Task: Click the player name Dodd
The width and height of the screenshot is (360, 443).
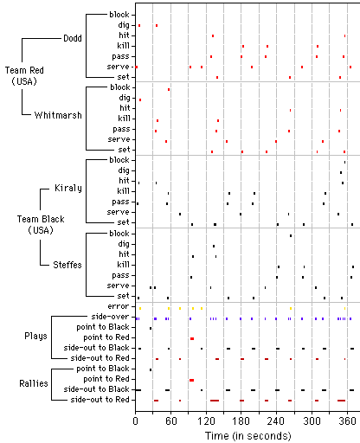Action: tap(73, 38)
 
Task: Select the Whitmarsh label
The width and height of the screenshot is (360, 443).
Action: tap(58, 115)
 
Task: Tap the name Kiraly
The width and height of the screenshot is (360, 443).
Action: tap(68, 189)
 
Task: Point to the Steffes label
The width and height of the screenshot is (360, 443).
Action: tap(67, 265)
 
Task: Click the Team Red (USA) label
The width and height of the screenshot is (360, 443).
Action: tap(24, 76)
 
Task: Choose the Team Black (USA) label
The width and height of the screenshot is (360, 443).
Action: tap(41, 224)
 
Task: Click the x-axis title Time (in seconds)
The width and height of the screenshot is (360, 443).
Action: tap(248, 435)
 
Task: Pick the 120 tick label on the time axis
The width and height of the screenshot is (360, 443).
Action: tap(206, 421)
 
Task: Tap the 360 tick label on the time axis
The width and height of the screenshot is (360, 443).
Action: tap(347, 421)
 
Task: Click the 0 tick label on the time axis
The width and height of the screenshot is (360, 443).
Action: tap(136, 421)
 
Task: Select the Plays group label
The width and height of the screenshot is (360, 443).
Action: tap(35, 337)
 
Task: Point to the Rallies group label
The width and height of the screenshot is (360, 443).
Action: tap(34, 383)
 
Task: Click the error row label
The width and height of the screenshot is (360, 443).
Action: tap(119, 306)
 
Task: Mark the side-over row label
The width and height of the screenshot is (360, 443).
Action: tap(110, 317)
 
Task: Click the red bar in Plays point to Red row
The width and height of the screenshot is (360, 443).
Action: tap(192, 338)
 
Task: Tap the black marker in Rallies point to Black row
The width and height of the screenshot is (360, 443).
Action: tap(151, 369)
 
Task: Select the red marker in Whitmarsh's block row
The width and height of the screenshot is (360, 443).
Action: tap(169, 90)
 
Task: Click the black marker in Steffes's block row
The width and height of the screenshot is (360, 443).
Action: tap(291, 236)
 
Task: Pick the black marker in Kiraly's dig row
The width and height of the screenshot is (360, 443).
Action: tap(341, 173)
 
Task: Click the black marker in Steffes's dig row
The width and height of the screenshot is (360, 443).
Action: tap(214, 247)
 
